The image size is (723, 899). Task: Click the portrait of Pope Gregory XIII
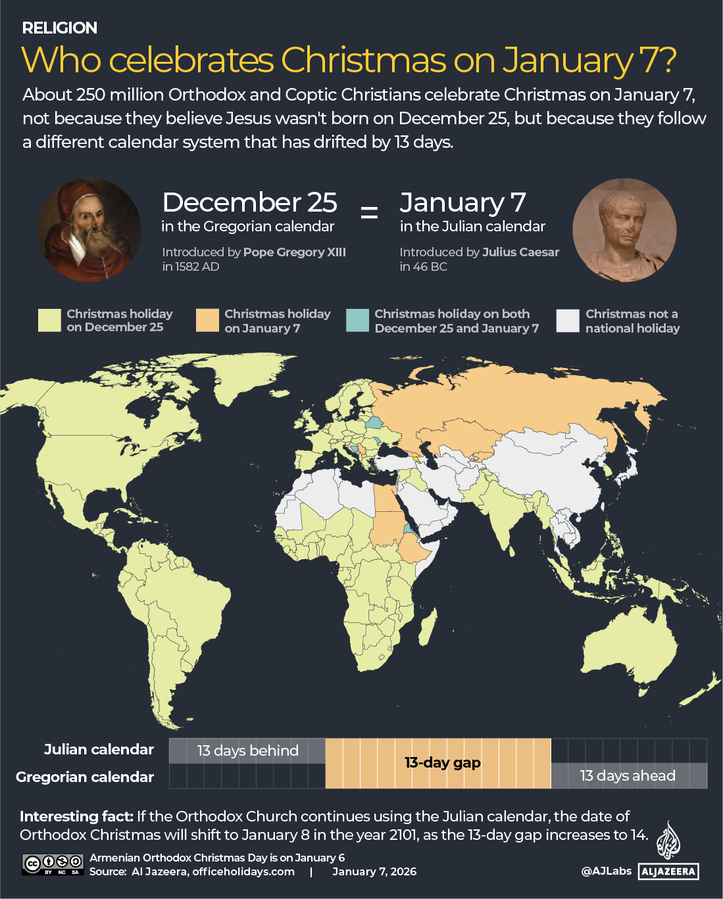89,231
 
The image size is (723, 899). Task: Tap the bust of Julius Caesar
624,231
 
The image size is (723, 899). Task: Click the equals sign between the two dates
369,212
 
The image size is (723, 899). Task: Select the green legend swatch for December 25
49,320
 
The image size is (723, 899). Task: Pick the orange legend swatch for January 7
207,320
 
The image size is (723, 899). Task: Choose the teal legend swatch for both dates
358,320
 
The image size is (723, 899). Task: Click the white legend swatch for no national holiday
568,320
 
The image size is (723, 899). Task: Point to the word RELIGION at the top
60,28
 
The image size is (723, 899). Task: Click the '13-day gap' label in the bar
442,762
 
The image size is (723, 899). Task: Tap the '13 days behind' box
247,750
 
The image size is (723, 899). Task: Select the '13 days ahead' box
628,775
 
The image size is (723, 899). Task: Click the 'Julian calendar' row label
99,749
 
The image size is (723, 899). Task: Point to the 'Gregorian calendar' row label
85,777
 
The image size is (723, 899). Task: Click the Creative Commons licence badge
53,864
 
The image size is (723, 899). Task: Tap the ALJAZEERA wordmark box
668,871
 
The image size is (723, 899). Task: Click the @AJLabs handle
606,871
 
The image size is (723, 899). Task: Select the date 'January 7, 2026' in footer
374,871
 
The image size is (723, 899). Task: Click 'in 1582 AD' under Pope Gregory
191,266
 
